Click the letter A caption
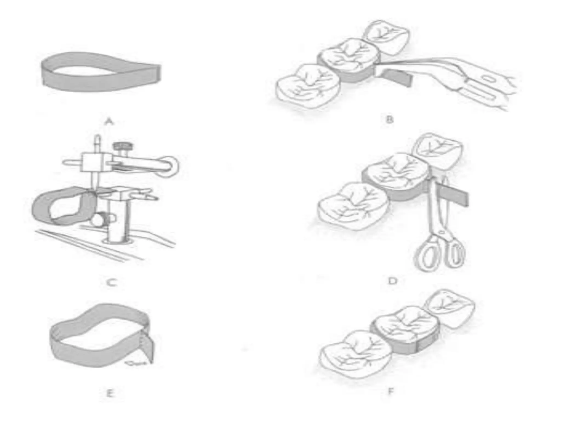click(109, 121)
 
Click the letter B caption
click(389, 120)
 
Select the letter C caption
click(112, 282)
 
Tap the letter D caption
click(393, 281)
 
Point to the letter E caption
click(110, 394)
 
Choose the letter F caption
click(391, 391)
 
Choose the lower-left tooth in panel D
click(353, 206)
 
